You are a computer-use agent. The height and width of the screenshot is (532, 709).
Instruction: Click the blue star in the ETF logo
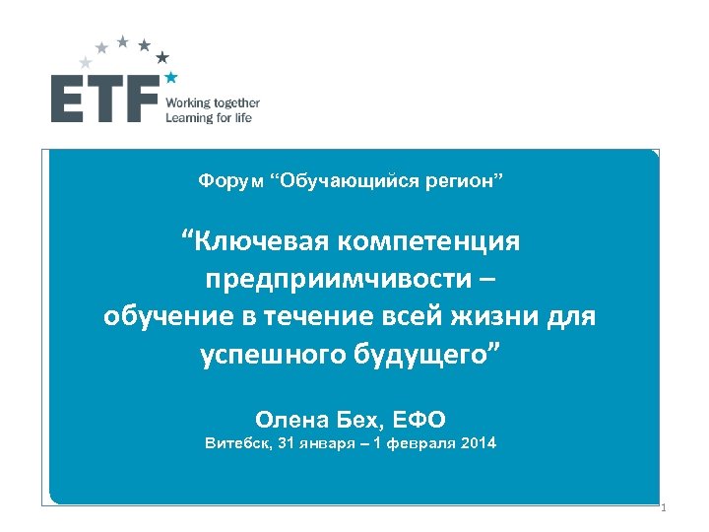(x=171, y=76)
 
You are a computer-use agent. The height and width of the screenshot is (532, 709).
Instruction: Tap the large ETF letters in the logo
(x=104, y=100)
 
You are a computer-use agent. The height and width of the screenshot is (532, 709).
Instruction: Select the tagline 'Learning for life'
(x=209, y=117)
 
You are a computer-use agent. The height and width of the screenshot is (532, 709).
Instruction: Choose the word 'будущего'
(x=421, y=355)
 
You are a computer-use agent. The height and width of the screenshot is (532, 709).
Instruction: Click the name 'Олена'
(x=291, y=417)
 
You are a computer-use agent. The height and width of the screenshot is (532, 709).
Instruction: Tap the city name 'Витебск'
(x=234, y=443)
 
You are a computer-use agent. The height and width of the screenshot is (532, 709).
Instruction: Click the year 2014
(x=478, y=443)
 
